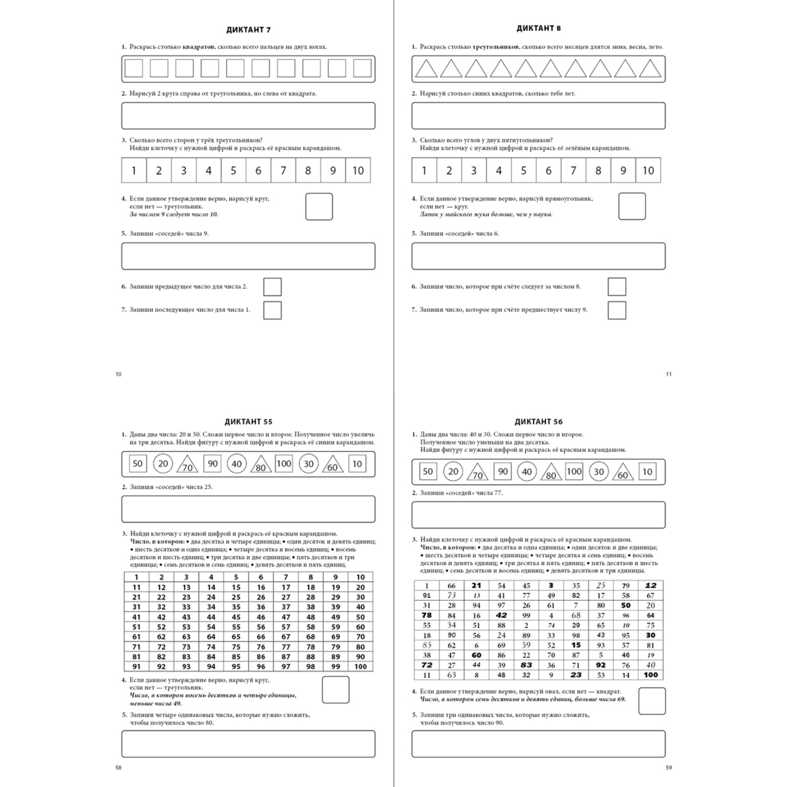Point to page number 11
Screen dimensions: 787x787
[x=668, y=374]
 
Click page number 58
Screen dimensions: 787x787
[x=118, y=768]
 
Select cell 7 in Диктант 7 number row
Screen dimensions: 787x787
[x=283, y=171]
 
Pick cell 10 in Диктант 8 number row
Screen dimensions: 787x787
[x=648, y=171]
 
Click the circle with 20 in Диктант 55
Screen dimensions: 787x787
[x=163, y=463]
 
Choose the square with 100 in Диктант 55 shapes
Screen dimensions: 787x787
[x=283, y=463]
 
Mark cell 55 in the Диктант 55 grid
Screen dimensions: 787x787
[x=236, y=627]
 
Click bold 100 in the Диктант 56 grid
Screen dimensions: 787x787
[x=651, y=675]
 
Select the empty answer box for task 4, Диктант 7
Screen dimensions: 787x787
[x=319, y=207]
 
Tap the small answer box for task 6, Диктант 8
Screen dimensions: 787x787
[x=616, y=287]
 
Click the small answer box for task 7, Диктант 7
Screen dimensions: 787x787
[x=272, y=310]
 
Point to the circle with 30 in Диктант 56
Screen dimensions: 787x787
[x=599, y=472]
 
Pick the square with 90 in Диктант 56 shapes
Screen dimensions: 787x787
[x=503, y=471]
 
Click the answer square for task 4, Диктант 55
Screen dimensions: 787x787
[x=335, y=690]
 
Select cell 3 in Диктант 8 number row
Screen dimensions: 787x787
[x=474, y=171]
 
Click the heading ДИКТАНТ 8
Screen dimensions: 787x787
[x=538, y=28]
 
